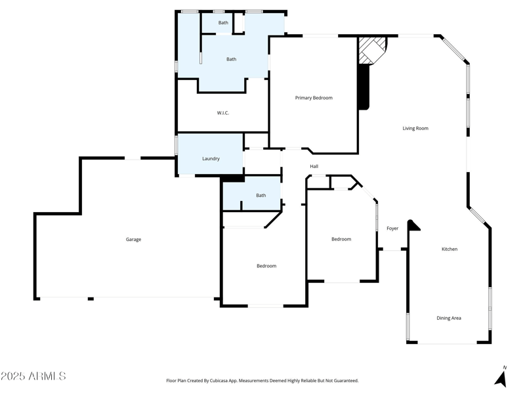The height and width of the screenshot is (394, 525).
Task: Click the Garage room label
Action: click(133, 240)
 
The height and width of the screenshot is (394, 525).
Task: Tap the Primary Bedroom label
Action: click(314, 98)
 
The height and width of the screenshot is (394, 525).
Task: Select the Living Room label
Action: click(415, 128)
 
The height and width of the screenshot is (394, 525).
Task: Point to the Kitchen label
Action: click(450, 249)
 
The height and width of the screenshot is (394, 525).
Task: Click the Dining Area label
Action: click(449, 318)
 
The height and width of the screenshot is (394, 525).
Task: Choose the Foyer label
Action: click(392, 229)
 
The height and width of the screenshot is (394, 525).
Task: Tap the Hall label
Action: click(314, 166)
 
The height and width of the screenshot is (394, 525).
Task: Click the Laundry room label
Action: click(211, 158)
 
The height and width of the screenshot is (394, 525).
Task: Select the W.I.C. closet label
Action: click(223, 113)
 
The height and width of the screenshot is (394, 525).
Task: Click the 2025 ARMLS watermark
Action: click(33, 376)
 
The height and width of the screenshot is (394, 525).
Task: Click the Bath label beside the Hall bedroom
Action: click(261, 195)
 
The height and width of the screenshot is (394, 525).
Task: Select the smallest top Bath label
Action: click(224, 23)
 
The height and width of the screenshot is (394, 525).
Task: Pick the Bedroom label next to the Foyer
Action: click(341, 239)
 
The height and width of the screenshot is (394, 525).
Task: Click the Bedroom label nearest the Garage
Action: click(266, 266)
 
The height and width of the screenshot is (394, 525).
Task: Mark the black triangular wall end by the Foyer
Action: click(413, 225)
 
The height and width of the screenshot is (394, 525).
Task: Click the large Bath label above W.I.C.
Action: click(231, 59)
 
